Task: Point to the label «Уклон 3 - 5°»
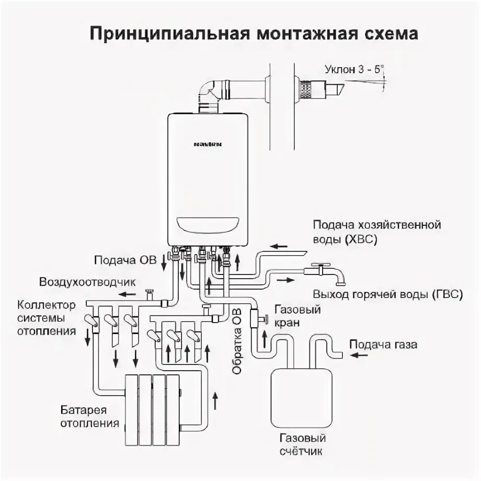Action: (x=353, y=68)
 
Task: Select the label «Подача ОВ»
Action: (x=125, y=260)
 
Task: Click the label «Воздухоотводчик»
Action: (x=88, y=282)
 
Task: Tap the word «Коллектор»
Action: (x=46, y=304)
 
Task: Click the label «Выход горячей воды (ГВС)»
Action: (x=388, y=294)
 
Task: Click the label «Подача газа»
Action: (x=384, y=345)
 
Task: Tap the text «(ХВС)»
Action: (x=360, y=240)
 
